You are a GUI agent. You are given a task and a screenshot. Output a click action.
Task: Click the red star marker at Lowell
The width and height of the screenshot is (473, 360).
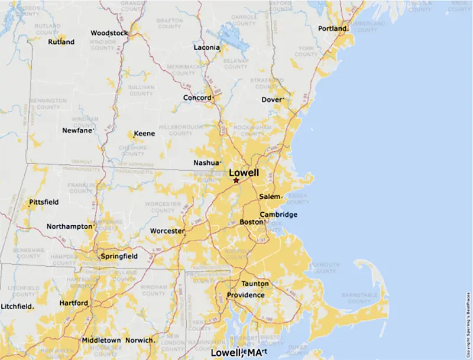236,180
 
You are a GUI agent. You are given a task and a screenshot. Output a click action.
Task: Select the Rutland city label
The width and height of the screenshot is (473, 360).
61,42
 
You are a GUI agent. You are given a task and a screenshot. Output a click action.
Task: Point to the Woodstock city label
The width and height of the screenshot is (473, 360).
109,33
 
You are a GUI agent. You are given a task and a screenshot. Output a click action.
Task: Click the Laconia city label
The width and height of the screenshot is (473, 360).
207,47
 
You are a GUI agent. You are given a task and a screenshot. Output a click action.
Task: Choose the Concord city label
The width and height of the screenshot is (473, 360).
197,98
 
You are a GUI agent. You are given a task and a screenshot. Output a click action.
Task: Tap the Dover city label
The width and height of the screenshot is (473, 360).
272,100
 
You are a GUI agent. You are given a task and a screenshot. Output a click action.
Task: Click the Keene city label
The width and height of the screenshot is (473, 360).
145,134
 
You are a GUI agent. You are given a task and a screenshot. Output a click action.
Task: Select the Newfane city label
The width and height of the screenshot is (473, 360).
78,130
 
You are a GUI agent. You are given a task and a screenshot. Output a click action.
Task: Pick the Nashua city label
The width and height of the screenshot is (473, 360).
206,163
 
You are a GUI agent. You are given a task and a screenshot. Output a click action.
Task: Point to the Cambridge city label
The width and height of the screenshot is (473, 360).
278,215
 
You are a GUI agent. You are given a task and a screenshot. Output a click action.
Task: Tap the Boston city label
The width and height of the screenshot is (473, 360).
251,222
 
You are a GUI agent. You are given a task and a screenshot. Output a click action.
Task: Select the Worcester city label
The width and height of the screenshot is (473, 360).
167,231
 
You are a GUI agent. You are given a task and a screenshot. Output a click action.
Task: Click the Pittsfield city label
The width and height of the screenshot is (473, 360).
44,202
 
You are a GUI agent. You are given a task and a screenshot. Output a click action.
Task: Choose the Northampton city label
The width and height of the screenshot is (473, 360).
69,226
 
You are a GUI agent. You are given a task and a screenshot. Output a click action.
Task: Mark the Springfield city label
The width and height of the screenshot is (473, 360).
119,257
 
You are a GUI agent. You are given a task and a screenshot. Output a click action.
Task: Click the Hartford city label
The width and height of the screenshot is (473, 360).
74,303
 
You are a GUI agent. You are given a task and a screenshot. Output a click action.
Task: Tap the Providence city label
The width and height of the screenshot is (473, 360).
246,295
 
